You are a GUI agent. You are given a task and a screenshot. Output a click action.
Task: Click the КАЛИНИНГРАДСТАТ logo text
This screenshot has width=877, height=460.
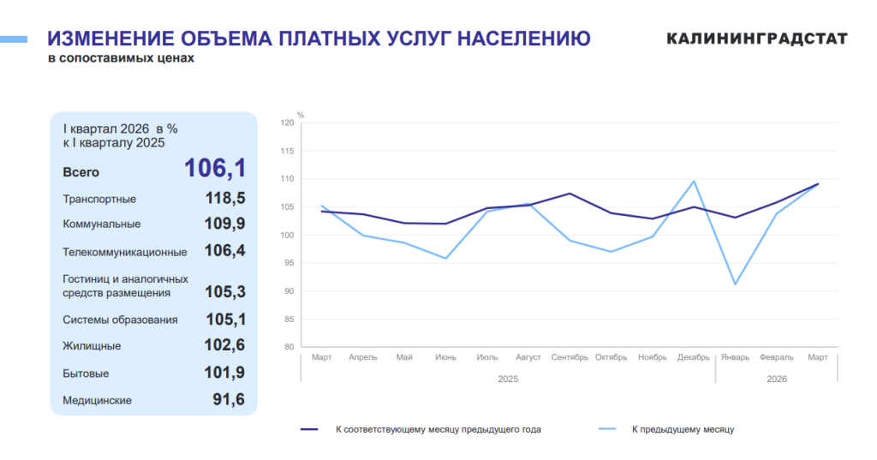point(757,39)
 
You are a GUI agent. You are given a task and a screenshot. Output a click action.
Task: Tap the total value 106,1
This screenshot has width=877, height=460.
point(215,168)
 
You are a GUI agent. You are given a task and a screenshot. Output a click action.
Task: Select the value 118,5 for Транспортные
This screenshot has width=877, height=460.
point(225,198)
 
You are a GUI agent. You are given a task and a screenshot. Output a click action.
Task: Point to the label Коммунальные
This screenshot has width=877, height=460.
point(102,224)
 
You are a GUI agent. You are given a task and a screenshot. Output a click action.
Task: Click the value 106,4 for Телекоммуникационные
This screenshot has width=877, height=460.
point(225,250)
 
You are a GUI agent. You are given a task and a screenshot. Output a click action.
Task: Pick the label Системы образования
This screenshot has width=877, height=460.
point(120,320)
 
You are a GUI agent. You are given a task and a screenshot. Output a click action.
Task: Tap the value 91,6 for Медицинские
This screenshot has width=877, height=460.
point(229,399)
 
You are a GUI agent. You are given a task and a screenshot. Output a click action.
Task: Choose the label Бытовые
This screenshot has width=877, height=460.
point(86,373)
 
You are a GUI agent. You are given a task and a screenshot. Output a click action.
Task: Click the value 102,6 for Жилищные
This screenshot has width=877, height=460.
point(225,344)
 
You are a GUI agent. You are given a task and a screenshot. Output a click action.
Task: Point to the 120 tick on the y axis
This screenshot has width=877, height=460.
point(287,123)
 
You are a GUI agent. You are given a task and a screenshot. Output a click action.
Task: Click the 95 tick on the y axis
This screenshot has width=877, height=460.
point(288,263)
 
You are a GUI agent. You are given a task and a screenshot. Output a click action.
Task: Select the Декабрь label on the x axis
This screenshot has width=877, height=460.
point(694,357)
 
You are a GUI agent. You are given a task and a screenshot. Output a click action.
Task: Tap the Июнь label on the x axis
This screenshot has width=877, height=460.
point(445,357)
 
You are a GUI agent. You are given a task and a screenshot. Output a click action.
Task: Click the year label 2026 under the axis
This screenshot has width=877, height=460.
point(777,379)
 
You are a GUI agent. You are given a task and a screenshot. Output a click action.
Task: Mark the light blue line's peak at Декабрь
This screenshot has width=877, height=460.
point(694,181)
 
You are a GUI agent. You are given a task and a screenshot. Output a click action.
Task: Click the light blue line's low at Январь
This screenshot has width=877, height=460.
point(735,284)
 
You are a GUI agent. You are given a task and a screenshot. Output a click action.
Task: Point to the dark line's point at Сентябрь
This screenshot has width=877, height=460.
point(570,194)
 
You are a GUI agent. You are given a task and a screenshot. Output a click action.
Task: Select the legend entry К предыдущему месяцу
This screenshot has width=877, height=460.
point(666,429)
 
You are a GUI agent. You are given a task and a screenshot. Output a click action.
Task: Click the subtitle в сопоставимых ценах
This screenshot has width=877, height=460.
point(121,58)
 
